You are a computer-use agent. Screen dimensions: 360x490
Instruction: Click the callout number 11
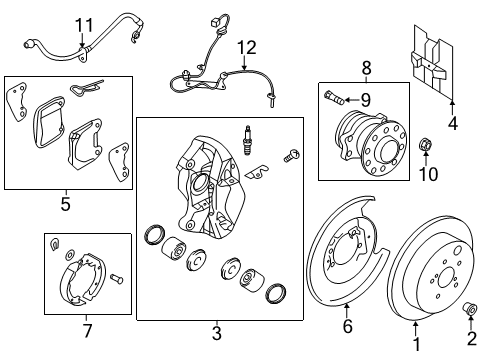[83, 25]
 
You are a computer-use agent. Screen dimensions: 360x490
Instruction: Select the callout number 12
[246, 46]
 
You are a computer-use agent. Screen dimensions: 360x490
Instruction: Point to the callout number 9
[366, 99]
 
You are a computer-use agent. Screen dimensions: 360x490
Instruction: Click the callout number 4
[453, 124]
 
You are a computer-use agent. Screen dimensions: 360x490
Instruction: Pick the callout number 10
[429, 176]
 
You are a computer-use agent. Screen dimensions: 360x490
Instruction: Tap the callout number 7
[86, 329]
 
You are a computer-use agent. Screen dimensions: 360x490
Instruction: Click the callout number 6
[349, 325]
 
